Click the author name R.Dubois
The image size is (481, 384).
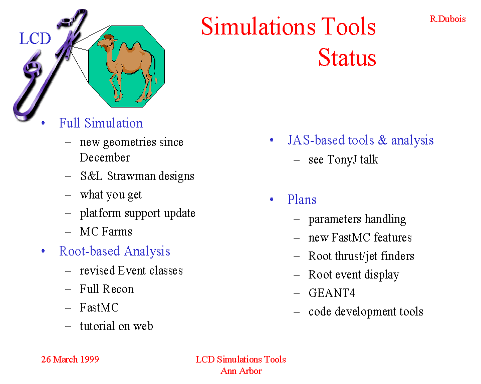447,19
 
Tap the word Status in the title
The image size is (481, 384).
347,57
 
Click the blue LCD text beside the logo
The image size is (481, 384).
35,38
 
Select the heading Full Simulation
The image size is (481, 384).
101,123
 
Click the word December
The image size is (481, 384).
105,157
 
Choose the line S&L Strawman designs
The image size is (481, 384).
137,176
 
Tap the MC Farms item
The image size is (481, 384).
106,231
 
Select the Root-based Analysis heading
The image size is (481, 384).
115,251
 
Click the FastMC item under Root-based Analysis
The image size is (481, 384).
99,307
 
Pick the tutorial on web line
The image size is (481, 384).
117,326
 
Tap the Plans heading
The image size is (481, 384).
302,199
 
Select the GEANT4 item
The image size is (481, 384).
332,293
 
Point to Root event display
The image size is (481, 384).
354,275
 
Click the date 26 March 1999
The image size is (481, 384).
70,359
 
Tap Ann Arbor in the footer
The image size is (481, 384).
241,371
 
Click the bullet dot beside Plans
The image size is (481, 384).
272,199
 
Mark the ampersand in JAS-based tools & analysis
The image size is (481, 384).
382,140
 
